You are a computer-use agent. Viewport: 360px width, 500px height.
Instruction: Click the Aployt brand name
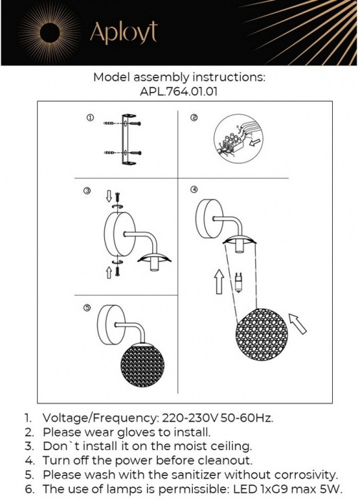click(x=122, y=32)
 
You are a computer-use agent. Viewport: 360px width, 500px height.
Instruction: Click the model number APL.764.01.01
click(x=179, y=91)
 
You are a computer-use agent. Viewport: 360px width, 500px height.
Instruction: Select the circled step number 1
click(x=89, y=117)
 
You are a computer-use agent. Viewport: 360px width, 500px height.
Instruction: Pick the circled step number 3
click(x=87, y=191)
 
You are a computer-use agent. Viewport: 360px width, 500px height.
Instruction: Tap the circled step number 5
click(x=87, y=309)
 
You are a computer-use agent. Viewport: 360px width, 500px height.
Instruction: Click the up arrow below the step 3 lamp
click(x=108, y=271)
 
